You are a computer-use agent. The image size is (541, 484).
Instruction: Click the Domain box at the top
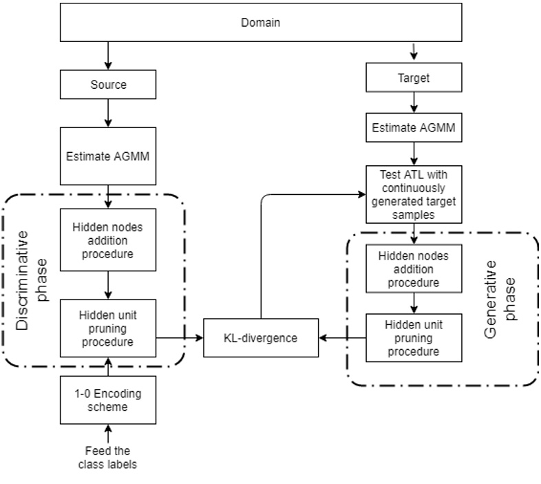pyautogui.click(x=260, y=23)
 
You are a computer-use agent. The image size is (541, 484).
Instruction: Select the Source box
pyautogui.click(x=108, y=85)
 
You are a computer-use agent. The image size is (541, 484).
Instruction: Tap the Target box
pyautogui.click(x=414, y=78)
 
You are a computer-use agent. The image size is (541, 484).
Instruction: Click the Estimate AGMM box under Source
pyautogui.click(x=108, y=155)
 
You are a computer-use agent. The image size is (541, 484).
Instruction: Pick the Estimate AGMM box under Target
pyautogui.click(x=414, y=127)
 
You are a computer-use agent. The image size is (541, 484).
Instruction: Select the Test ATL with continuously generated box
pyautogui.click(x=414, y=194)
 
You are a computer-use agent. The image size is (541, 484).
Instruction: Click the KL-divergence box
pyautogui.click(x=261, y=337)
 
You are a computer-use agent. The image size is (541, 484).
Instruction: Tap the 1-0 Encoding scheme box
pyautogui.click(x=108, y=400)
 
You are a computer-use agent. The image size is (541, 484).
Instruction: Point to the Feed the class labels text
pyautogui.click(x=107, y=457)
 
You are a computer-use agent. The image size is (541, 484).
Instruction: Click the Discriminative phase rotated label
pyautogui.click(x=31, y=280)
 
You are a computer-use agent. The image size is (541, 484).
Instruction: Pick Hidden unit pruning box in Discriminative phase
pyautogui.click(x=108, y=327)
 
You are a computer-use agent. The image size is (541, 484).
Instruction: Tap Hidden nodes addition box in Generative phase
pyautogui.click(x=413, y=269)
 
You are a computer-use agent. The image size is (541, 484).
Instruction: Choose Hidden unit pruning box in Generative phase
pyautogui.click(x=413, y=337)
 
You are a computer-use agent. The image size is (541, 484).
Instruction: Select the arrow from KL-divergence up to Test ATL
pyautogui.click(x=261, y=255)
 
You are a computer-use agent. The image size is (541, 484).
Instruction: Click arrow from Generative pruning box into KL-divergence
pyautogui.click(x=342, y=337)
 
